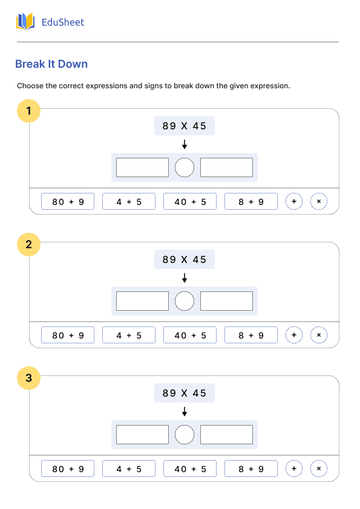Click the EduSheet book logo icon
coord(25,22)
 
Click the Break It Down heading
coord(51,64)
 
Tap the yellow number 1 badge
coord(28,111)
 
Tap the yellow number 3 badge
coord(28,378)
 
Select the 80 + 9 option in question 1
coord(68,201)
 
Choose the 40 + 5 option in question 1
coord(190,201)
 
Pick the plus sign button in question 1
coord(294,201)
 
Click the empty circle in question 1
coord(185,158)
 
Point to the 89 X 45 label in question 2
coord(185,259)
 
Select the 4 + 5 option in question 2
coord(129,335)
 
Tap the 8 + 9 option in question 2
coord(251,335)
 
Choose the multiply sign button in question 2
coord(319,335)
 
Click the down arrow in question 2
coord(185,278)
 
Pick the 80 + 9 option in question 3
coord(68,468)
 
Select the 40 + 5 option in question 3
coord(190,468)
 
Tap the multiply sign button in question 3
coord(319,468)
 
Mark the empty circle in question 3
coord(185,425)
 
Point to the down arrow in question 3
coord(185,412)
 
